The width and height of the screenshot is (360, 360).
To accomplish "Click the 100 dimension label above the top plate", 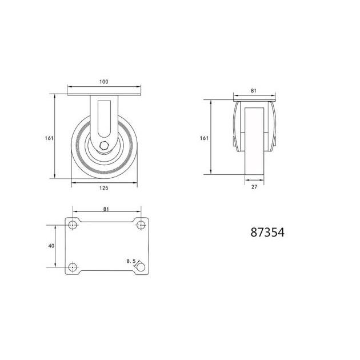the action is [104, 82].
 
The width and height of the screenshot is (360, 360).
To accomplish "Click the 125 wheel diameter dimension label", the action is [104, 188].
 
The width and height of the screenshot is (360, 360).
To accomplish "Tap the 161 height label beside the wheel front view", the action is [49, 138].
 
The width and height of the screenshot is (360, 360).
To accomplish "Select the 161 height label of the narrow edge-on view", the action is [204, 138].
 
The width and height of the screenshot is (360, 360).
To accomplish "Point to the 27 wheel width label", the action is [254, 187].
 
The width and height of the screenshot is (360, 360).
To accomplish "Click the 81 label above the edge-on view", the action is [254, 91].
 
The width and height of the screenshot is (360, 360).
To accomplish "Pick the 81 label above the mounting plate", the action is [106, 209].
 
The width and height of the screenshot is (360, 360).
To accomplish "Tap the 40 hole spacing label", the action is [51, 246].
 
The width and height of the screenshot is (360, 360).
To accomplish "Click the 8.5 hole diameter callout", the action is [131, 261].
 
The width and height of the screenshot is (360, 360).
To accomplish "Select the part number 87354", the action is [267, 233].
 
